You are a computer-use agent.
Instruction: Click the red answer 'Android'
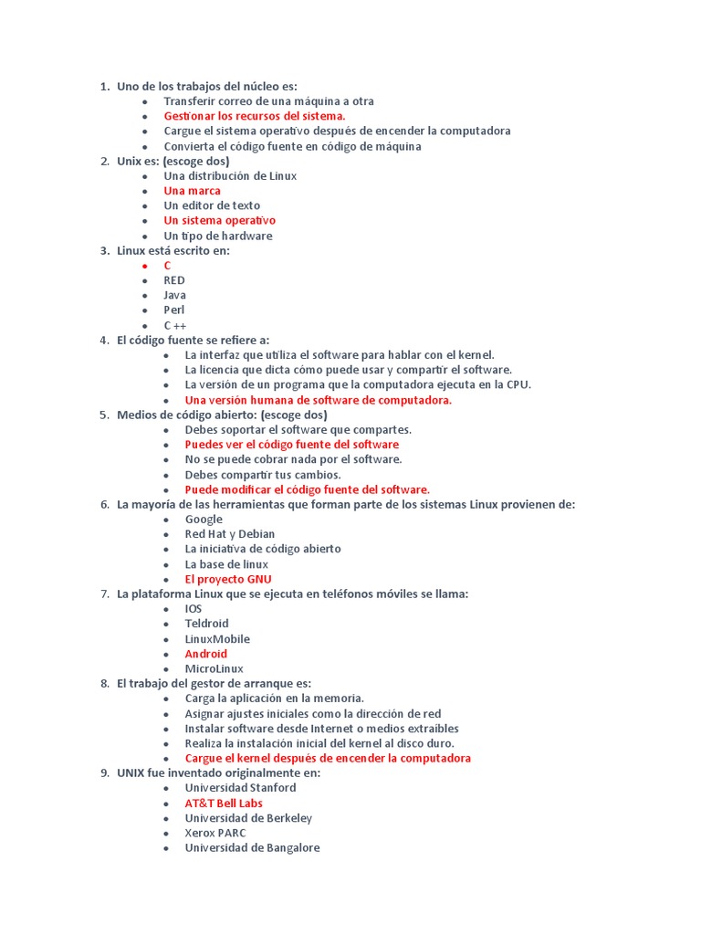(x=205, y=654)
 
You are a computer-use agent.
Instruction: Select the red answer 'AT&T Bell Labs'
(x=224, y=803)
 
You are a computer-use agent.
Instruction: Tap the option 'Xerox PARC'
(x=215, y=833)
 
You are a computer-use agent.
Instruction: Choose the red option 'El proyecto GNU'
(x=228, y=579)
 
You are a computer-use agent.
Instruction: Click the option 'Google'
(x=204, y=519)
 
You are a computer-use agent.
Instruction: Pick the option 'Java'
(x=174, y=295)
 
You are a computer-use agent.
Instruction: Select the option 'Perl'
(x=174, y=310)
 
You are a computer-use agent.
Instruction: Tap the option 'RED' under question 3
(x=174, y=280)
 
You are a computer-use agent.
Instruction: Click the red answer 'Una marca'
(x=192, y=191)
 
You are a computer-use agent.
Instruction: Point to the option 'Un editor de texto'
(x=212, y=205)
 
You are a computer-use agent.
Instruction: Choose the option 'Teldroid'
(x=206, y=624)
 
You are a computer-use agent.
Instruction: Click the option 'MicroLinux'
(x=214, y=668)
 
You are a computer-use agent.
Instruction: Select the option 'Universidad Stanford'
(x=240, y=787)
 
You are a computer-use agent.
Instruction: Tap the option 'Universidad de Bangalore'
(x=252, y=847)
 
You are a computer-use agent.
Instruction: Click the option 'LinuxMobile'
(x=217, y=638)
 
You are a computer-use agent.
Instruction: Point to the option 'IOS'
(x=194, y=608)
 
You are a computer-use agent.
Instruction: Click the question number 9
(x=103, y=772)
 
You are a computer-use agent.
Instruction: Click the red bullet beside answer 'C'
(x=144, y=266)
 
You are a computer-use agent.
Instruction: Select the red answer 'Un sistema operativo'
(x=219, y=220)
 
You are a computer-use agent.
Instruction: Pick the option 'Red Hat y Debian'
(x=230, y=533)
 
